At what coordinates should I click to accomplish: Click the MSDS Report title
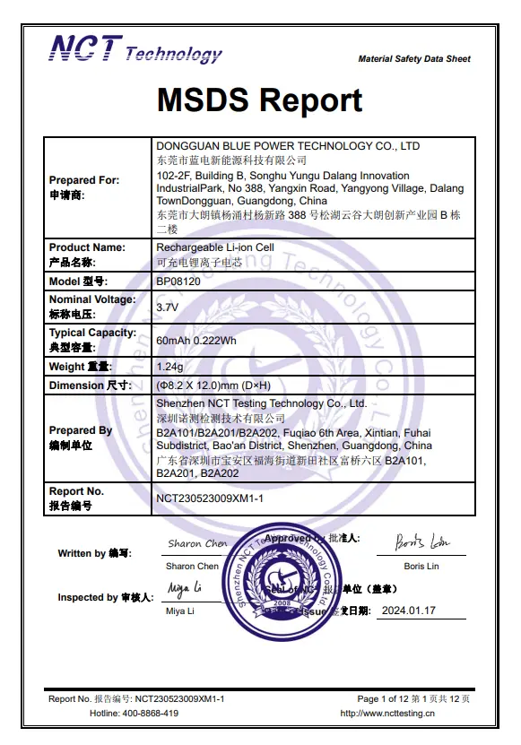tap(260, 100)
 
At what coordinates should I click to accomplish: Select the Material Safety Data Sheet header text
tap(414, 59)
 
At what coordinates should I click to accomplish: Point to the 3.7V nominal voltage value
tap(168, 307)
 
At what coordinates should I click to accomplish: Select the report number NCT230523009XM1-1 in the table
tap(209, 498)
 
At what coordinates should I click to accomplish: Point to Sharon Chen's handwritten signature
tap(197, 543)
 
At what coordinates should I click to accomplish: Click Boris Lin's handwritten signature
tap(422, 542)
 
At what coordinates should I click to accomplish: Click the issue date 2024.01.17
tap(408, 611)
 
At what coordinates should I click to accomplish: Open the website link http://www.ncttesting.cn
tap(387, 714)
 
